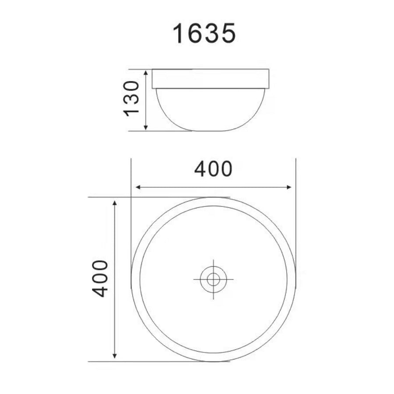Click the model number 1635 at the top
205,34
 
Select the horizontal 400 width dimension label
213,169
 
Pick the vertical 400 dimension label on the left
101,278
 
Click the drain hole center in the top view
213,279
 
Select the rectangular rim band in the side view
211,79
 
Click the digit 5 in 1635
228,34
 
